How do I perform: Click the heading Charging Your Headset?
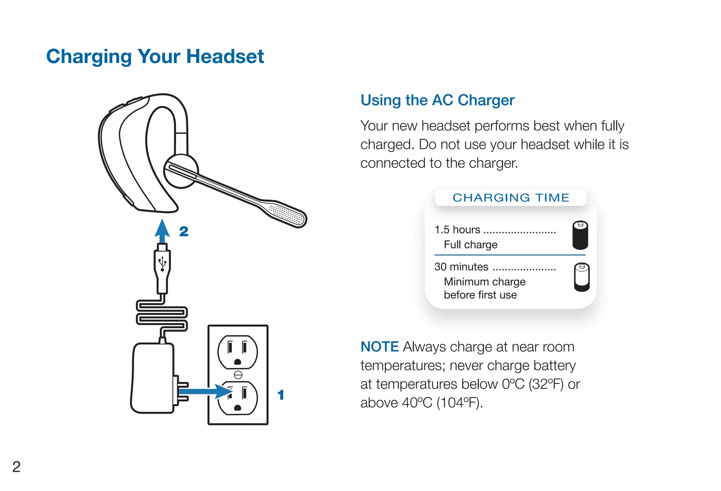(x=155, y=57)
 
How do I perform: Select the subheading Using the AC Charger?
(x=437, y=100)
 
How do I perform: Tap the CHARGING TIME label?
(x=510, y=197)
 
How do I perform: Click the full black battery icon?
(x=580, y=235)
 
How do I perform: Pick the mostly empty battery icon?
(x=582, y=277)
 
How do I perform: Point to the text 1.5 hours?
(x=457, y=230)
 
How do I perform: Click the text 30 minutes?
(x=461, y=267)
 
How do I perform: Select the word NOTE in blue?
(x=380, y=347)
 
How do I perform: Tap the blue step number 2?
(x=184, y=232)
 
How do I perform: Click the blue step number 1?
(x=281, y=395)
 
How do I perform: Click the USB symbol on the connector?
(x=162, y=263)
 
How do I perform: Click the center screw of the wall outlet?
(x=238, y=375)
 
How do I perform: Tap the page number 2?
(x=16, y=467)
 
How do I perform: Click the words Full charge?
(x=470, y=245)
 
